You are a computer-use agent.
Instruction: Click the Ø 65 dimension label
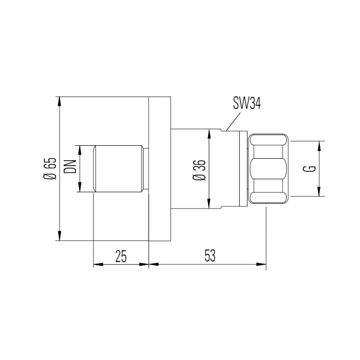pos(50,169)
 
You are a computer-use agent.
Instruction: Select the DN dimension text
pos(72,167)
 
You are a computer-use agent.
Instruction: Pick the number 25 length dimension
pos(121,256)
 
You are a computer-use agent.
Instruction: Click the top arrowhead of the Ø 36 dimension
pos(208,132)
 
